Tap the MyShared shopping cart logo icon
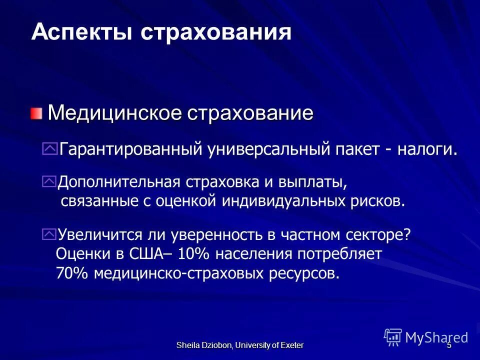[393, 337]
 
